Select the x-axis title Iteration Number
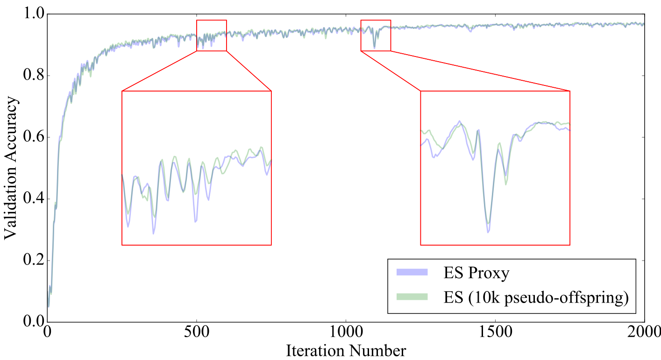pos(346,350)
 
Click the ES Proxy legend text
pos(476,274)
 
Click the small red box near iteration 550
pos(212,35)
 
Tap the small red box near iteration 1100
pos(376,35)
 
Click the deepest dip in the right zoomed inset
pos(488,232)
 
